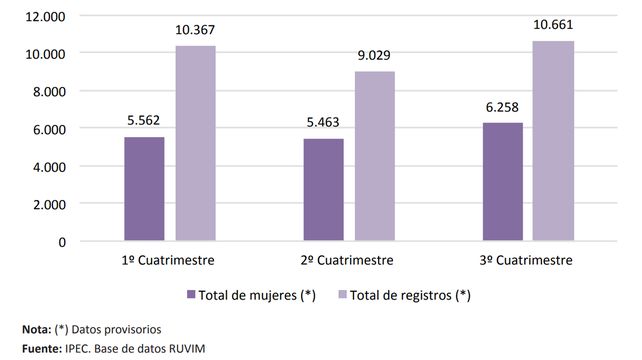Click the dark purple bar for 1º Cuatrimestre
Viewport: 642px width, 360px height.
click(145, 189)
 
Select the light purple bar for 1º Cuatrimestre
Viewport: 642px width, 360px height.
click(195, 144)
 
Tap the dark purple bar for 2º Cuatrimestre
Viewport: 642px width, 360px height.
click(322, 190)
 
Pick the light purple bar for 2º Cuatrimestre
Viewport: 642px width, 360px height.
click(373, 156)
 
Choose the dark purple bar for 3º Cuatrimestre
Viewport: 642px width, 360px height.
click(502, 182)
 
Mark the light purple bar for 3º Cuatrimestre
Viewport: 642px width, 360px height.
click(552, 141)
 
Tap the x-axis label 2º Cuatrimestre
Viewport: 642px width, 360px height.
click(348, 261)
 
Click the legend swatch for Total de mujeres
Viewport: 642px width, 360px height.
click(191, 295)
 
